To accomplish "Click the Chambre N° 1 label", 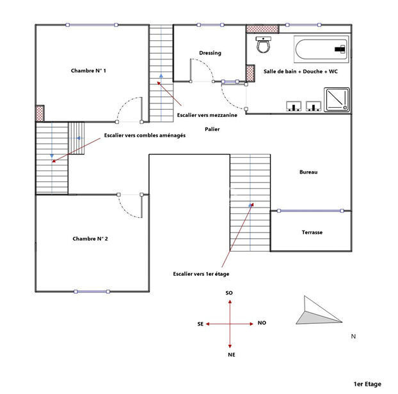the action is [88, 71].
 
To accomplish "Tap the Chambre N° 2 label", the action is [90, 239].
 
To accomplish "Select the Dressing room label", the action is [210, 53].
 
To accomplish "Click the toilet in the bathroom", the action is [263, 45].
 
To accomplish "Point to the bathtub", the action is [321, 49].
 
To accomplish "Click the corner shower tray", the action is [337, 100].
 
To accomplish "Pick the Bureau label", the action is [308, 172].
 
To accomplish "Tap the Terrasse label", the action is [312, 232].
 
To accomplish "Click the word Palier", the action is [212, 129].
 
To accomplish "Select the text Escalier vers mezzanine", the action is [207, 115].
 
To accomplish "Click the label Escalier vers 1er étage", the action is [201, 274].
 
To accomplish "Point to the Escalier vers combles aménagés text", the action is [145, 135].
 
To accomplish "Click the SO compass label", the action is [229, 293].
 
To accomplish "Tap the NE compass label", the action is [232, 354].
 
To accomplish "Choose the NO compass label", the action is [262, 323].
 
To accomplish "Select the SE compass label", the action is [200, 324].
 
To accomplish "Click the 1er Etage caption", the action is [367, 384].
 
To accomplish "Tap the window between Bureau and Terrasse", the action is [310, 211].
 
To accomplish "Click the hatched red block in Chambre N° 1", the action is [40, 114].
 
